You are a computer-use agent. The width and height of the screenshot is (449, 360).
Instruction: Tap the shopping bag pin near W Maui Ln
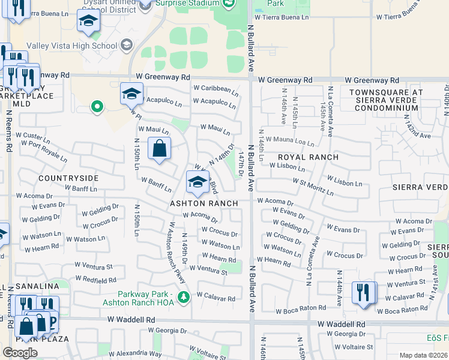[x=159, y=149]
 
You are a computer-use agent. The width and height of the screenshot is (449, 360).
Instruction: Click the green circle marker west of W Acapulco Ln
[x=96, y=107]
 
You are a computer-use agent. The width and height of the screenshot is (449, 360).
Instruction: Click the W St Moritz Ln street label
[x=313, y=186]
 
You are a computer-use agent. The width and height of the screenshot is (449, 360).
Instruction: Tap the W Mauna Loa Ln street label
[x=290, y=141]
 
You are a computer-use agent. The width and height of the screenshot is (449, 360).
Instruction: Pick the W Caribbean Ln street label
[x=215, y=89]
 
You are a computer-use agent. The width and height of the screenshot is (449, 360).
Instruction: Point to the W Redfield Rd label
[x=95, y=280]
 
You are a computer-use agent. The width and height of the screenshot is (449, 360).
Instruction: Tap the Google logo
[x=20, y=352]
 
